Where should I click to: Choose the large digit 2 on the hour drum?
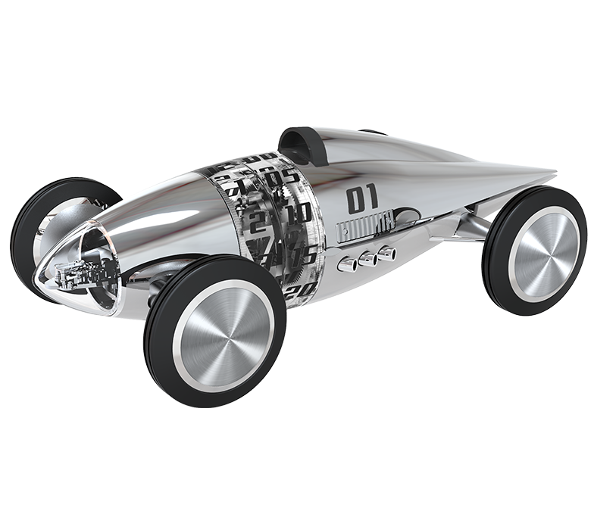[258, 223]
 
